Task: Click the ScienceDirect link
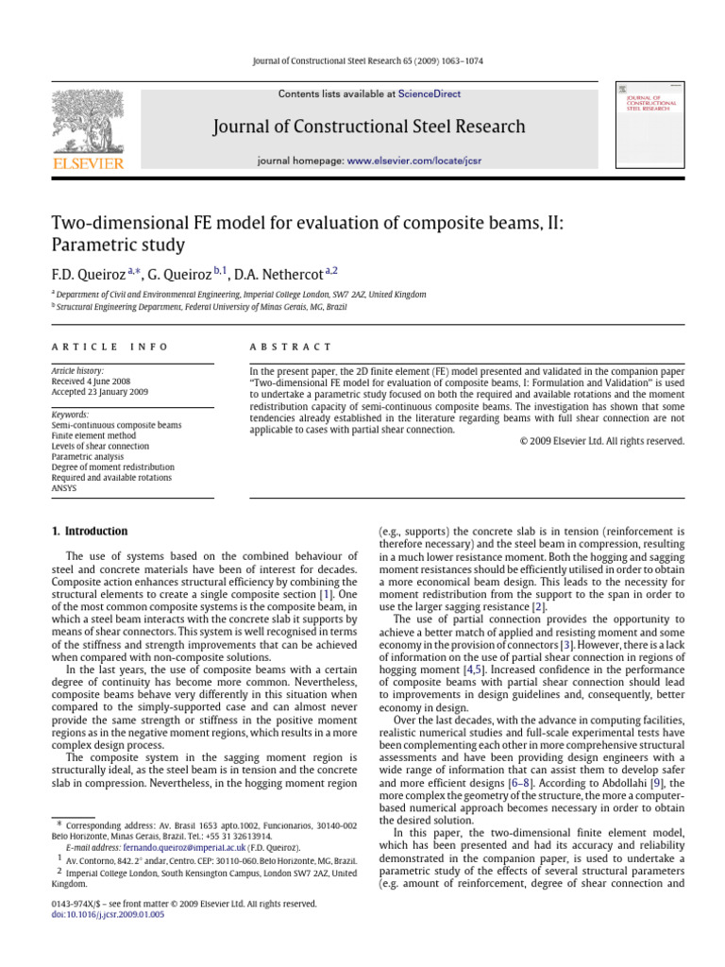pyautogui.click(x=430, y=94)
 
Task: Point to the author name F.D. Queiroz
pyautogui.click(x=88, y=275)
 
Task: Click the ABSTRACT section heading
pyautogui.click(x=278, y=347)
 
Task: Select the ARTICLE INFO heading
pyautogui.click(x=110, y=347)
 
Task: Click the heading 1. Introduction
pyautogui.click(x=89, y=531)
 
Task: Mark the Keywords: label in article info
pyautogui.click(x=71, y=415)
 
